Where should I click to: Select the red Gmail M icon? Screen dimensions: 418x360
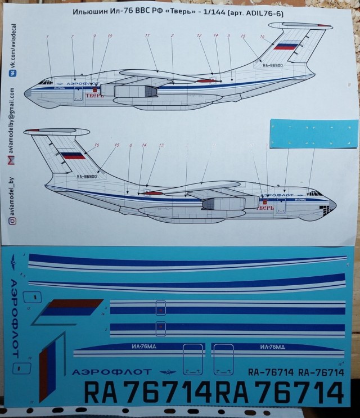(x=12, y=162)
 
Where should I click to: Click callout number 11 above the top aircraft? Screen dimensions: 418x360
(x=147, y=35)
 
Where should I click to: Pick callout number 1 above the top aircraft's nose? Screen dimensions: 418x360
(x=48, y=37)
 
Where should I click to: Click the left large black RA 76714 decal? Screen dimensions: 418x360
(x=148, y=392)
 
